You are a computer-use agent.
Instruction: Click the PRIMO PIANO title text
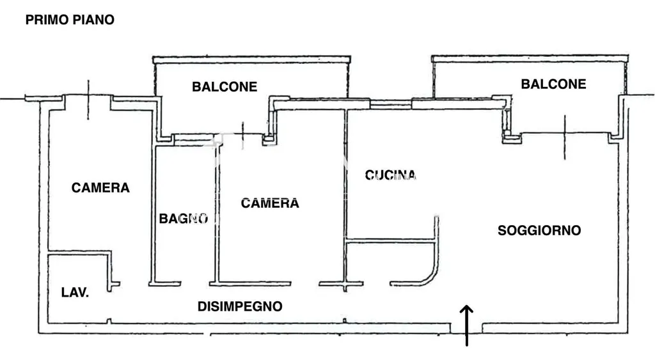coord(70,20)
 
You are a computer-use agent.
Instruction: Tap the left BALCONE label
coord(225,86)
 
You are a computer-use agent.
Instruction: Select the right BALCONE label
coord(553,84)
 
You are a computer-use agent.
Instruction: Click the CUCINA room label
coord(390,175)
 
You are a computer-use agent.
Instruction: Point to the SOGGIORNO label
coord(539,230)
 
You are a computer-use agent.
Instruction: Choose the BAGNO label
coord(184,218)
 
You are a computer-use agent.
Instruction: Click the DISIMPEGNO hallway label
coord(240,306)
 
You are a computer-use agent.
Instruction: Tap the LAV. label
coord(75,292)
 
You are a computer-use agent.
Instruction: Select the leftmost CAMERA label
coord(100,187)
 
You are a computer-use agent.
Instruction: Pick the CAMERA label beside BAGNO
coord(270,203)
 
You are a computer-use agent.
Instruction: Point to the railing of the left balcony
coord(252,59)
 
